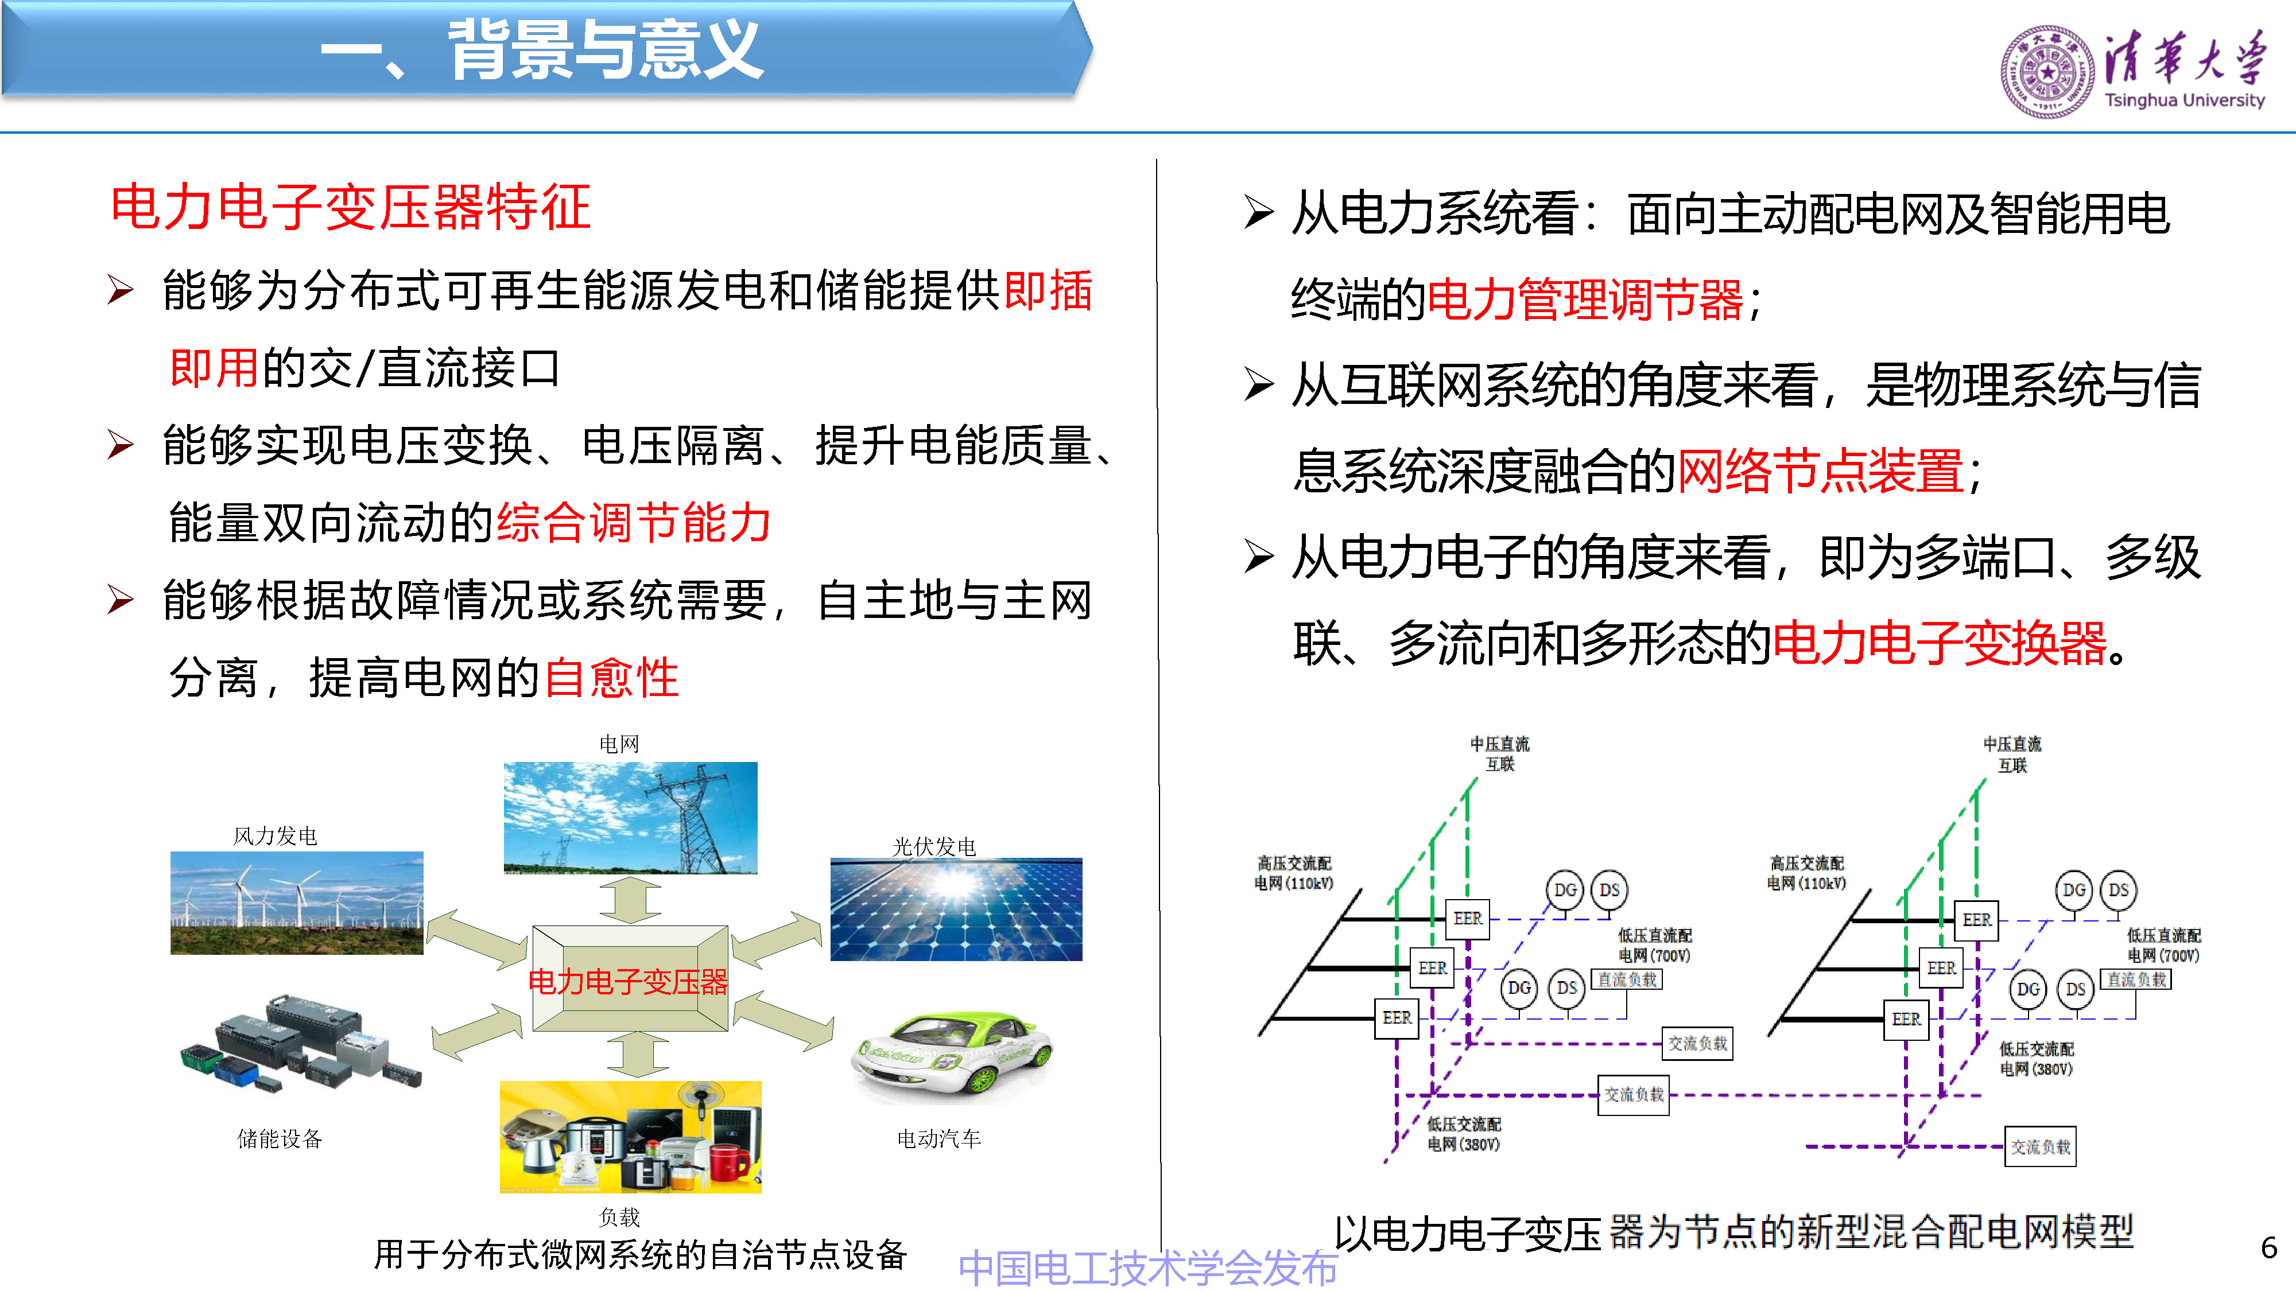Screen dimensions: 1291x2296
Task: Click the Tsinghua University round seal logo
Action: click(2047, 71)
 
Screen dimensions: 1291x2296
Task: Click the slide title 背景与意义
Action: click(606, 51)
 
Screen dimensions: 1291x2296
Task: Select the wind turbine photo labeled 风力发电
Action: click(297, 903)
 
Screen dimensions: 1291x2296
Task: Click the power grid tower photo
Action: click(630, 817)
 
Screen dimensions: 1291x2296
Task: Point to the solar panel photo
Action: click(956, 909)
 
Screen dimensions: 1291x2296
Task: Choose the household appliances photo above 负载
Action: click(630, 1136)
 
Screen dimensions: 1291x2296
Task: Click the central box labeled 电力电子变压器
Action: click(629, 980)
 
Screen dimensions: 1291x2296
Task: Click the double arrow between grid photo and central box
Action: click(630, 900)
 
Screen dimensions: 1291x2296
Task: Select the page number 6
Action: click(2269, 1247)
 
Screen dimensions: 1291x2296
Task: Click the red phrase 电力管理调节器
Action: click(1585, 300)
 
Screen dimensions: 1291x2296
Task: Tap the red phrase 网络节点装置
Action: click(1820, 471)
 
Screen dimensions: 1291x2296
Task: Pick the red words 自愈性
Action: click(611, 678)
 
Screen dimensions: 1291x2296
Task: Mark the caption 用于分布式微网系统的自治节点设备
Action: click(640, 1254)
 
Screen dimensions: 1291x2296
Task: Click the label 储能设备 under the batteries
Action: click(279, 1138)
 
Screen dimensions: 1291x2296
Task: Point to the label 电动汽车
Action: click(938, 1138)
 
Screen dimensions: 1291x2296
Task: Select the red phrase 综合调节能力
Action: click(634, 523)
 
